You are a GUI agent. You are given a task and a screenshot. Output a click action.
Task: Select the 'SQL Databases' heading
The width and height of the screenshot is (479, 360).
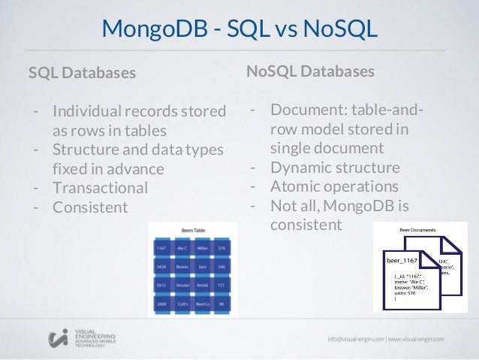(x=83, y=73)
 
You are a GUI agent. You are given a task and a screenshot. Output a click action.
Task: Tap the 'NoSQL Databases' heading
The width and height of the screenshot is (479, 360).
(x=310, y=71)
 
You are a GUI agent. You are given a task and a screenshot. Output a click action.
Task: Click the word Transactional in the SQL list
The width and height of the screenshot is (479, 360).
(x=100, y=187)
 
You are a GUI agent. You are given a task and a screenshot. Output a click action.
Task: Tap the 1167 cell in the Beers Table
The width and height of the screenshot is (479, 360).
(x=161, y=247)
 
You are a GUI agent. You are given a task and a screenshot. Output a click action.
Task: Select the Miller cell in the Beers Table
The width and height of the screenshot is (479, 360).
(x=203, y=247)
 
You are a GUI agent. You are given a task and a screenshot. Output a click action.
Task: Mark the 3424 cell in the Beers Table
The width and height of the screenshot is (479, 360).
(x=161, y=267)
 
